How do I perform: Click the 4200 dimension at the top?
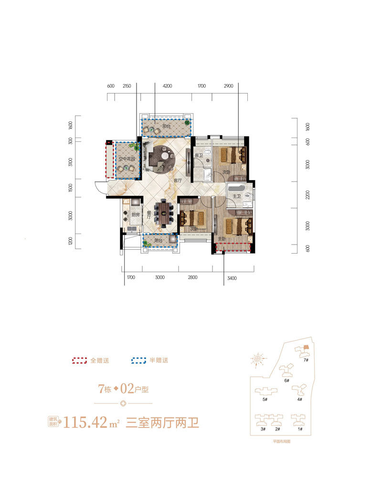pyautogui.click(x=167, y=86)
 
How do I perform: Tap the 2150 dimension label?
pyautogui.click(x=127, y=86)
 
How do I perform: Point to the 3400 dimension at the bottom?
pyautogui.click(x=231, y=277)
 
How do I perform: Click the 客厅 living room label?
pyautogui.click(x=178, y=181)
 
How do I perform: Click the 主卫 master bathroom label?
pyautogui.click(x=236, y=195)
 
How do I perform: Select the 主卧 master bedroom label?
pyautogui.click(x=222, y=239)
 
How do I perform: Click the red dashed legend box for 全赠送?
pyautogui.click(x=79, y=361)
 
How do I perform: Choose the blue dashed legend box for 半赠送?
pyautogui.click(x=138, y=361)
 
